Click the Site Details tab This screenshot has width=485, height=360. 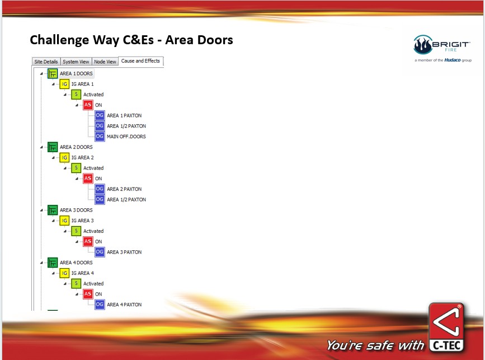pos(46,62)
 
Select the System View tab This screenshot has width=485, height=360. pos(76,62)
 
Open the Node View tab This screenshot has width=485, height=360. pos(105,62)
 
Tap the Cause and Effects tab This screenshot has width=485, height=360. pos(140,61)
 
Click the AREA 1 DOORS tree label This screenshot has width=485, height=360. pos(76,74)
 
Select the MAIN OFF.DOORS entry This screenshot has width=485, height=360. pos(126,137)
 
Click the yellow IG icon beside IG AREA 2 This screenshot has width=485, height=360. pos(64,157)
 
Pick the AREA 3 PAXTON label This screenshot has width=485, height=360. pos(124,253)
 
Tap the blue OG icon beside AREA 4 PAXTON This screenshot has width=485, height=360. pos(100,304)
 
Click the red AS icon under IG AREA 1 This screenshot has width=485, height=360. pos(88,105)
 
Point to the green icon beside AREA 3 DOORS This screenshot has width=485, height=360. pos(53,210)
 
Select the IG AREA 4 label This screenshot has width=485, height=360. pos(83,273)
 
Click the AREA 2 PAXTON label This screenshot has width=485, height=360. pos(124,189)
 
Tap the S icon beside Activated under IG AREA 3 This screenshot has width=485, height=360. pos(76,231)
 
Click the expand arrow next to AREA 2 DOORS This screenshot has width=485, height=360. pos(41,147)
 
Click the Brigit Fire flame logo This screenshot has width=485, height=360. pos(422,45)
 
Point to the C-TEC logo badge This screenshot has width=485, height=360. pos(446,328)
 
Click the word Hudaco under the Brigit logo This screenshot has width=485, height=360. pos(452,60)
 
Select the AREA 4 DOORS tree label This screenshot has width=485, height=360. pos(76,263)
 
